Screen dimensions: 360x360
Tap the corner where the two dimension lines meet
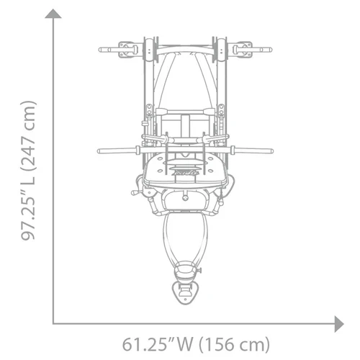tap(54, 321)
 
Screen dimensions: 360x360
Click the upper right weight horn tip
tap(270, 50)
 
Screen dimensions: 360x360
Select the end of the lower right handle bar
tap(271, 151)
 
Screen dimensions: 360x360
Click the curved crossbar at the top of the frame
tap(185, 53)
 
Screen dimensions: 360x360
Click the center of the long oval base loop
tap(185, 241)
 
